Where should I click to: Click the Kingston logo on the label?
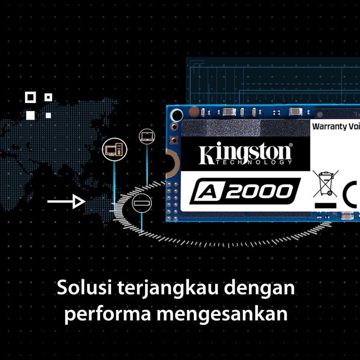pyautogui.click(x=246, y=153)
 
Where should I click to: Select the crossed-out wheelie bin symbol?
pyautogui.click(x=325, y=183)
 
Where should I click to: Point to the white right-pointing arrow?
pyautogui.click(x=66, y=201)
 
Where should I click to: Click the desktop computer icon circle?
pyautogui.click(x=114, y=150)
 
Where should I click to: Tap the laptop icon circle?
pyautogui.click(x=146, y=136)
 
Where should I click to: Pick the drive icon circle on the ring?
pyautogui.click(x=142, y=203)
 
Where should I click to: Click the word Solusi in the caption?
pyautogui.click(x=84, y=288)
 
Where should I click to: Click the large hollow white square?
pyautogui.click(x=30, y=97)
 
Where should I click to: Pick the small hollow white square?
pyautogui.click(x=48, y=97)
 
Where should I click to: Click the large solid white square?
pyautogui.click(x=30, y=115)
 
